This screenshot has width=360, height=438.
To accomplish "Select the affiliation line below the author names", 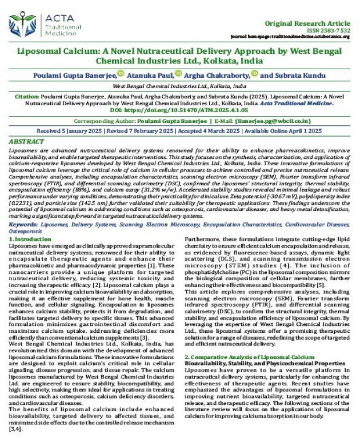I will point(180,85).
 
